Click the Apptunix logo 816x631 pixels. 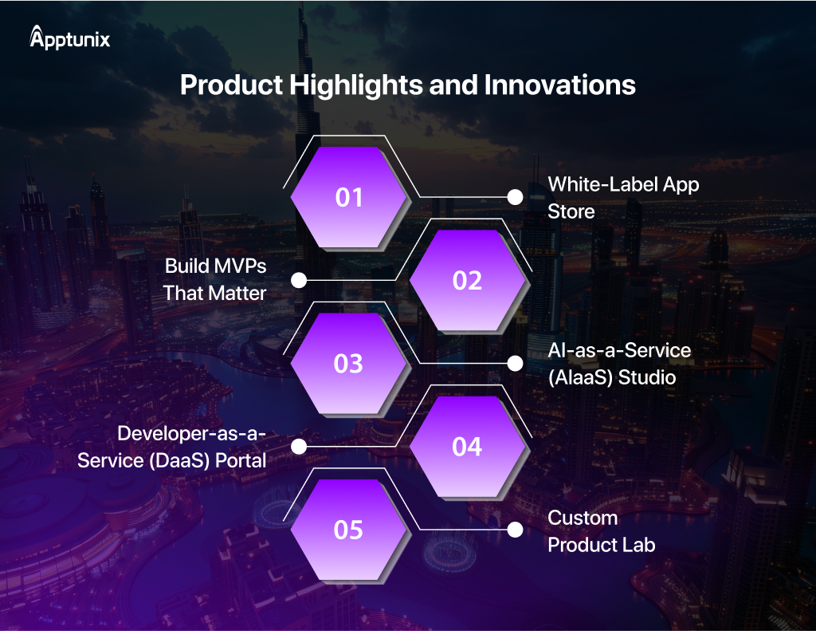coord(70,38)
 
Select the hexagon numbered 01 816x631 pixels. coord(348,197)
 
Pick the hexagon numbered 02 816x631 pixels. coord(467,281)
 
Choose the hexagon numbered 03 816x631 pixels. coord(348,364)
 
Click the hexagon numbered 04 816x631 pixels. coord(467,447)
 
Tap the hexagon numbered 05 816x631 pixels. coord(348,530)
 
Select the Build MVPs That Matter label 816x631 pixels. coord(215,279)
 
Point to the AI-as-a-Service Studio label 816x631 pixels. coord(619,363)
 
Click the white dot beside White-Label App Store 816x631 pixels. coord(516,197)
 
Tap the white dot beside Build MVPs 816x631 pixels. coord(299,281)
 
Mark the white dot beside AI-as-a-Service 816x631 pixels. coord(516,364)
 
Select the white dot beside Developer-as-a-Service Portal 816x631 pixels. coord(299,447)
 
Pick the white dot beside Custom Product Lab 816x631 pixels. coord(516,530)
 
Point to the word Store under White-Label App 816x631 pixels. coord(571,212)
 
